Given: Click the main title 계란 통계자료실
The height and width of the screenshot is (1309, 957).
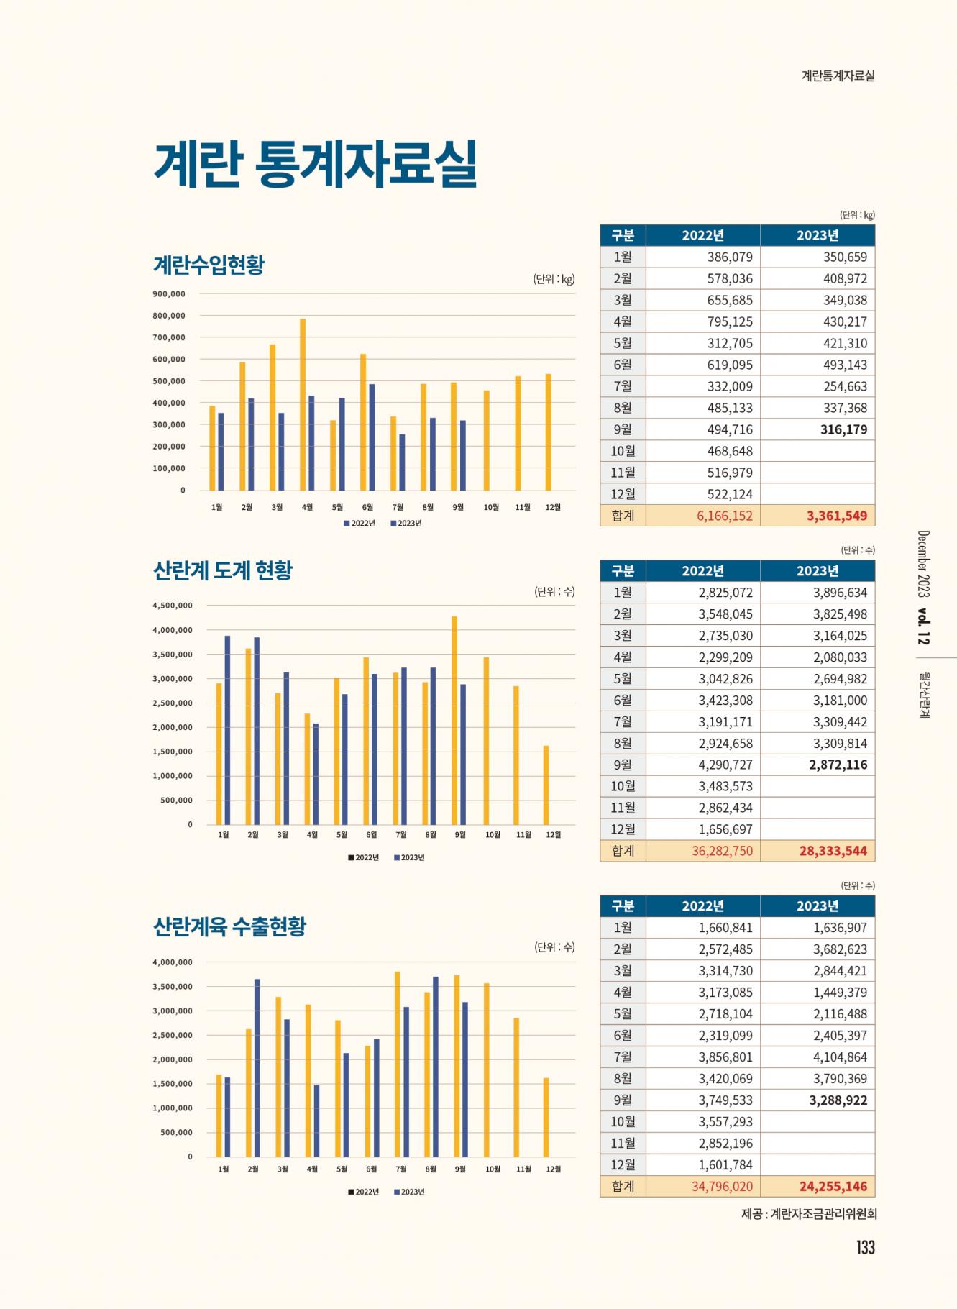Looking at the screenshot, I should click(x=316, y=164).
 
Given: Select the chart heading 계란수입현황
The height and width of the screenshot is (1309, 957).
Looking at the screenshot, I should click(x=209, y=265).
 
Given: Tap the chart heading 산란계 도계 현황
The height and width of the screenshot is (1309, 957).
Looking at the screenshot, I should click(x=223, y=571).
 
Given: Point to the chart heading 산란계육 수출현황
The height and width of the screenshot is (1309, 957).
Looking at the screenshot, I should click(x=229, y=926).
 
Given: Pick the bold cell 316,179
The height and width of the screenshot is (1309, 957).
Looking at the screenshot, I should click(x=843, y=429).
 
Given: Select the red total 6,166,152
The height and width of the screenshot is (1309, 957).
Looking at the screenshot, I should click(x=724, y=516).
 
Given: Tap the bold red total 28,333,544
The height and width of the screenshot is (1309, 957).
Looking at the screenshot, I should click(x=833, y=851).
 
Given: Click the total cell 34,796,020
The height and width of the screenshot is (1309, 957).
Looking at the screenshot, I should click(x=722, y=1186).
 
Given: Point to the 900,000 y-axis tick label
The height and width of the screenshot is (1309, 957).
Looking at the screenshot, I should click(x=169, y=293).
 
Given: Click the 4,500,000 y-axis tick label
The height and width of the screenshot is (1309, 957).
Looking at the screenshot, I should click(x=173, y=606).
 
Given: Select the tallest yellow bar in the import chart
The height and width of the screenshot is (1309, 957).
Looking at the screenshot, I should click(x=303, y=404).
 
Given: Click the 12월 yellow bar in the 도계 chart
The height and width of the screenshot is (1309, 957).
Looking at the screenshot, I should click(x=546, y=785).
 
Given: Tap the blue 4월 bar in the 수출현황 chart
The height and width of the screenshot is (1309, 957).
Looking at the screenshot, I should click(x=316, y=1121).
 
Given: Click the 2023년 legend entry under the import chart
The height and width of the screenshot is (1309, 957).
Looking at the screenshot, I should click(x=406, y=523).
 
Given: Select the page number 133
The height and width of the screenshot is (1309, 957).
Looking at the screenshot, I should click(x=865, y=1247).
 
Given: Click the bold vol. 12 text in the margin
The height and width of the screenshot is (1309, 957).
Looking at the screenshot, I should click(x=923, y=627).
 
